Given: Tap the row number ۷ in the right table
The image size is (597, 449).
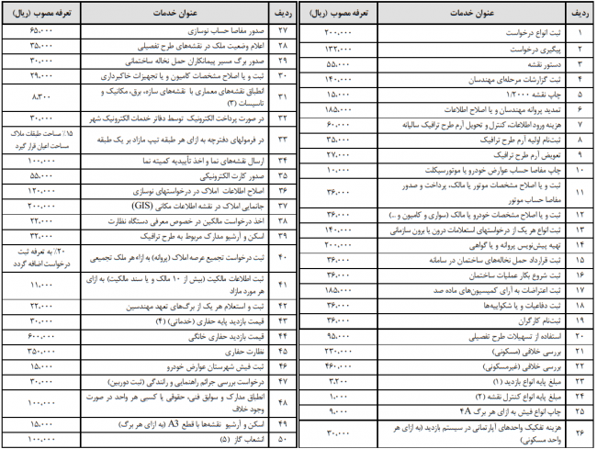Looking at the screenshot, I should pos(579,107).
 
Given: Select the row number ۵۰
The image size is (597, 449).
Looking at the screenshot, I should pos(282,439).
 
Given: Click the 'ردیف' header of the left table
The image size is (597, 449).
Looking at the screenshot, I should pos(282,13).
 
